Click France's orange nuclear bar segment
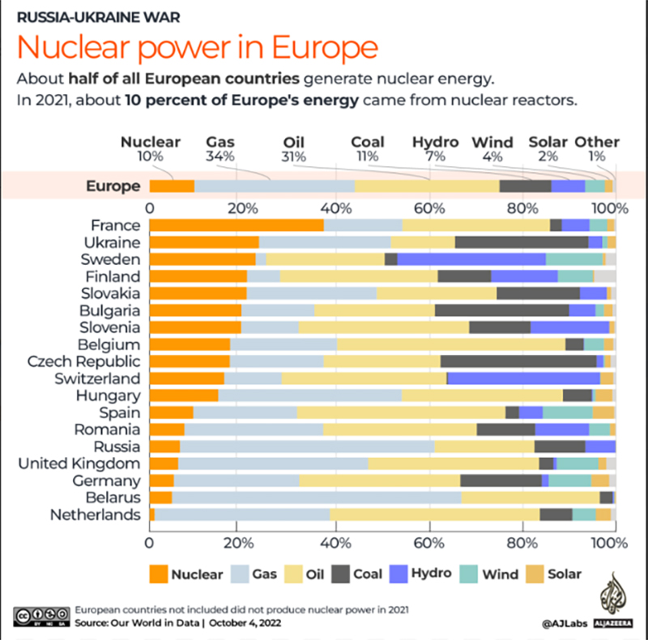click(x=237, y=225)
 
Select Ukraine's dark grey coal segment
click(x=522, y=242)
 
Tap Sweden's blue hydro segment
click(x=471, y=259)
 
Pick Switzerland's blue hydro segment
click(x=523, y=378)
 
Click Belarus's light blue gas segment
click(x=317, y=497)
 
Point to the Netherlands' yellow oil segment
click(x=435, y=514)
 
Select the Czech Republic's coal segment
click(x=518, y=361)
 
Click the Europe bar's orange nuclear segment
click(x=172, y=186)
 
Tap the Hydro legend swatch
click(x=399, y=574)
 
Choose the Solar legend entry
click(x=554, y=574)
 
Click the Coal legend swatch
click(x=340, y=574)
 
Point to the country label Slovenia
click(x=110, y=327)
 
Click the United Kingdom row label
click(x=79, y=463)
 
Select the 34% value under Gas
click(x=220, y=156)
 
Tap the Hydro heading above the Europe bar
click(x=436, y=142)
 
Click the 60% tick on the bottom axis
click(x=429, y=543)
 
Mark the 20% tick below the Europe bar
click(x=242, y=208)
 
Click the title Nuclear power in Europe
click(x=198, y=47)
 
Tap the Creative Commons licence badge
click(x=41, y=617)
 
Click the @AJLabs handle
click(x=565, y=624)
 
